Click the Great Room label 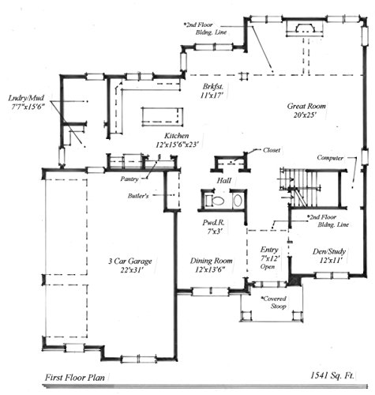pyautogui.click(x=306, y=106)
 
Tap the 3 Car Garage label pyautogui.click(x=130, y=261)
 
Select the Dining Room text pyautogui.click(x=212, y=261)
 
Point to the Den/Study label pyautogui.click(x=329, y=252)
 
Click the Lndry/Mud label pyautogui.click(x=26, y=98)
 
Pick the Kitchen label pyautogui.click(x=177, y=136)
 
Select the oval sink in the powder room pyautogui.click(x=238, y=201)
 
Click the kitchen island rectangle pyautogui.click(x=163, y=117)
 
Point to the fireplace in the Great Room pyautogui.click(x=305, y=29)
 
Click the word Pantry pyautogui.click(x=129, y=179)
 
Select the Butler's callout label pyautogui.click(x=138, y=196)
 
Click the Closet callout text pyautogui.click(x=272, y=150)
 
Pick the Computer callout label pyautogui.click(x=330, y=158)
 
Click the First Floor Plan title pyautogui.click(x=75, y=378)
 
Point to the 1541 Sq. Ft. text pyautogui.click(x=332, y=375)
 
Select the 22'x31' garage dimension pyautogui.click(x=130, y=269)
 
